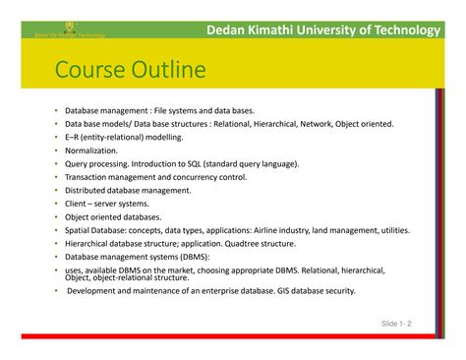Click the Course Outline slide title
tap(130, 71)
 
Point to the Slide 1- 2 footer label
tap(396, 323)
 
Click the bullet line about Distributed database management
tap(128, 190)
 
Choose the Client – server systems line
tap(108, 204)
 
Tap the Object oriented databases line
tap(113, 216)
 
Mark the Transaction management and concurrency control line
tap(163, 177)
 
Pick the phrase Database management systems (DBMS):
tap(137, 256)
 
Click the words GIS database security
tap(315, 291)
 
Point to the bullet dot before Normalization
tap(56, 151)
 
